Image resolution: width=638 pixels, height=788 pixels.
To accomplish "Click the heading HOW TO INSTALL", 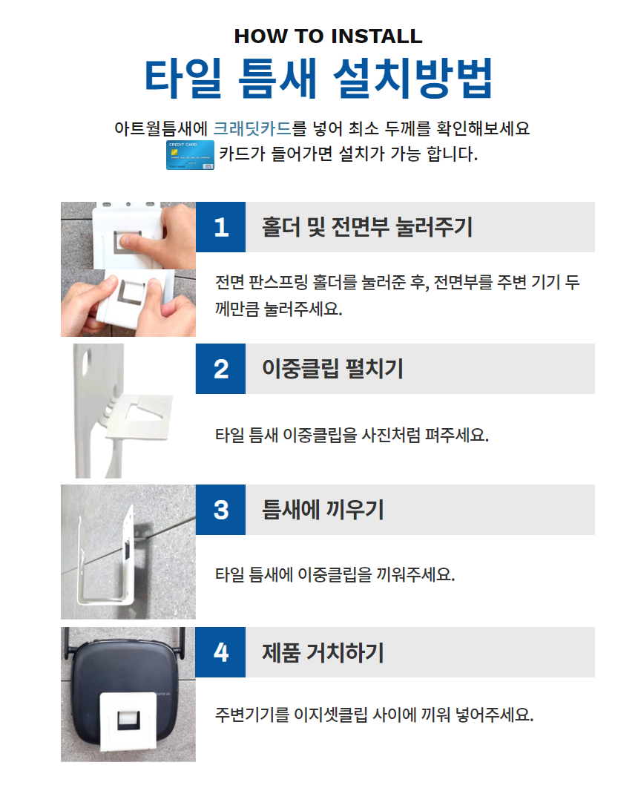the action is pos(328,36).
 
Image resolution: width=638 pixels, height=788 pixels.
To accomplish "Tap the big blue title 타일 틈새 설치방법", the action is pos(318,78).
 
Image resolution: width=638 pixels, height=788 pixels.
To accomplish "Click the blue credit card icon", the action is pos(190,155).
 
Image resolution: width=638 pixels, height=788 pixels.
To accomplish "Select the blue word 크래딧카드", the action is pos(252,128).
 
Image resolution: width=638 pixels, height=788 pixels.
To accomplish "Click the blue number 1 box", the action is pos(220,227).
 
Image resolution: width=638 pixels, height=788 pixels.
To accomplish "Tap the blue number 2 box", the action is pos(220,369).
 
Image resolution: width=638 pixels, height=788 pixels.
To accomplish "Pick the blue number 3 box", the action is pos(220,510).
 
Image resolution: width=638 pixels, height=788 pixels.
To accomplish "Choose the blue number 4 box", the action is pos(220,652).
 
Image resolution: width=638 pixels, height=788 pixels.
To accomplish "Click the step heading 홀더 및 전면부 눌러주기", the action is pos(367,227).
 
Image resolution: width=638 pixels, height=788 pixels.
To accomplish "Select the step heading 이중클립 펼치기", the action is pos(332,369).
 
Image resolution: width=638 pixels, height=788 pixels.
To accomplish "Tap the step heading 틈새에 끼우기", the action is pos(323,510).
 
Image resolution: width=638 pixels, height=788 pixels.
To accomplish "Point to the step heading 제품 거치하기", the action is pos(323,652).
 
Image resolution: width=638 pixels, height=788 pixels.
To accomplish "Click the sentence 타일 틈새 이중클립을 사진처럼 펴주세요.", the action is pos(352,435).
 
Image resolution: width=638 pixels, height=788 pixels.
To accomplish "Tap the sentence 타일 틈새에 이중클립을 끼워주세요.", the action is pos(335,574).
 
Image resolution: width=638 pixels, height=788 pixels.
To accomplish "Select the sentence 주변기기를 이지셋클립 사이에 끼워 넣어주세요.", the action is pos(374,714).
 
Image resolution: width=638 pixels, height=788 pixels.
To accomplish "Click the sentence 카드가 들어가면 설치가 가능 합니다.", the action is pos(348,154).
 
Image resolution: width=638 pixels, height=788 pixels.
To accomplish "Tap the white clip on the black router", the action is pos(129,722).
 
